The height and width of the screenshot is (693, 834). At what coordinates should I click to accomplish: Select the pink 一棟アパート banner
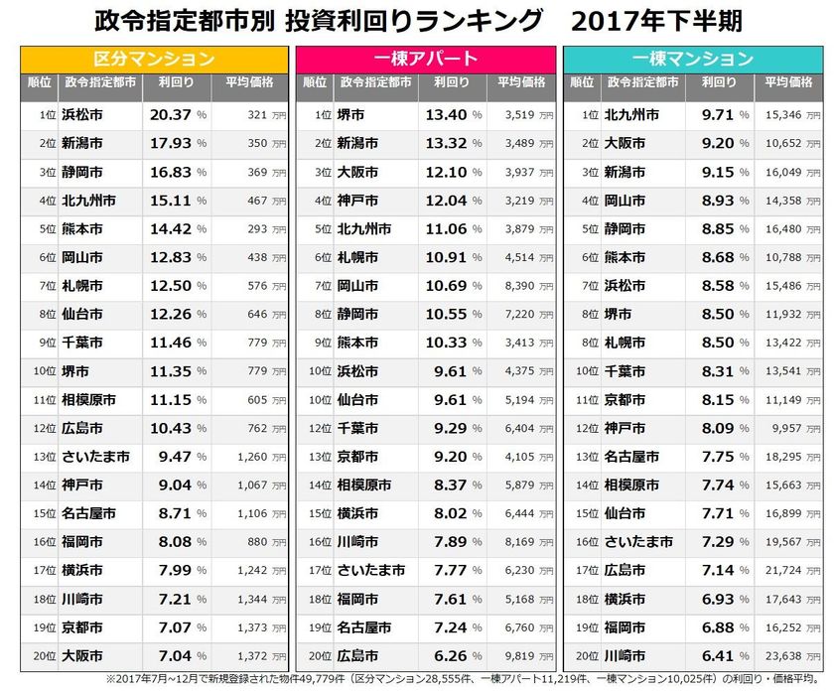coord(426,59)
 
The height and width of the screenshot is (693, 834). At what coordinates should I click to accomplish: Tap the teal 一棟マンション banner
coord(694,59)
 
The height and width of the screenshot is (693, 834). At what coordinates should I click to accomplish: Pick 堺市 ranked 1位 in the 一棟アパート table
coord(351,115)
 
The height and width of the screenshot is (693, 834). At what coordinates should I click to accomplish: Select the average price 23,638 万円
coord(784,657)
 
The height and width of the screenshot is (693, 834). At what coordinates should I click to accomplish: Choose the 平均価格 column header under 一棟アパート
coord(521,82)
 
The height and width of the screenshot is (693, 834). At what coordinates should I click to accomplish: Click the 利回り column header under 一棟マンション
coord(719,82)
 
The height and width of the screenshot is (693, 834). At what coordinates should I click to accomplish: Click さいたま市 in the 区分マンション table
coord(94,458)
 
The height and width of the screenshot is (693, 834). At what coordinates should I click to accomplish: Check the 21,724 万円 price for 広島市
coord(784,571)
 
